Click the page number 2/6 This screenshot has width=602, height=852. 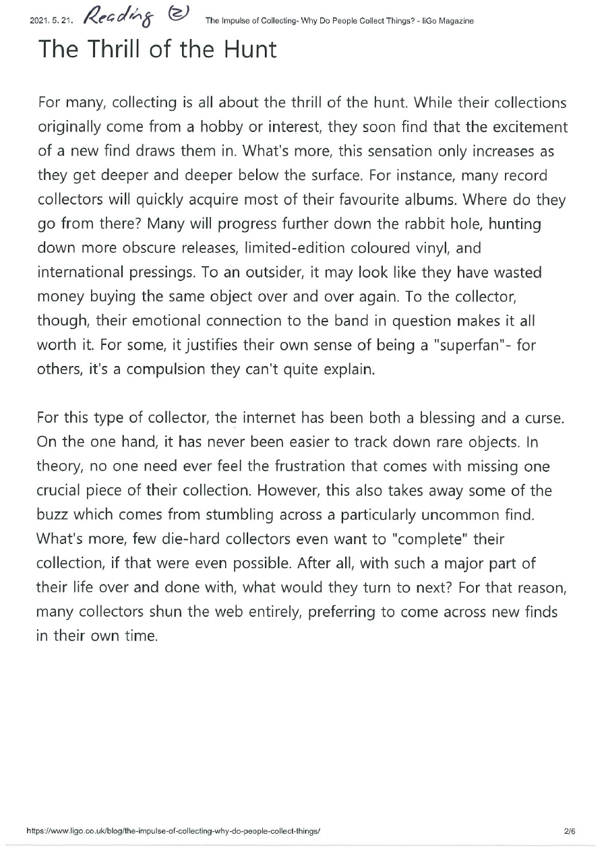(570, 831)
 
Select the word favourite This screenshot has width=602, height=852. (380, 200)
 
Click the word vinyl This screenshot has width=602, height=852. (433, 249)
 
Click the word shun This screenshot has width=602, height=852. (183, 613)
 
